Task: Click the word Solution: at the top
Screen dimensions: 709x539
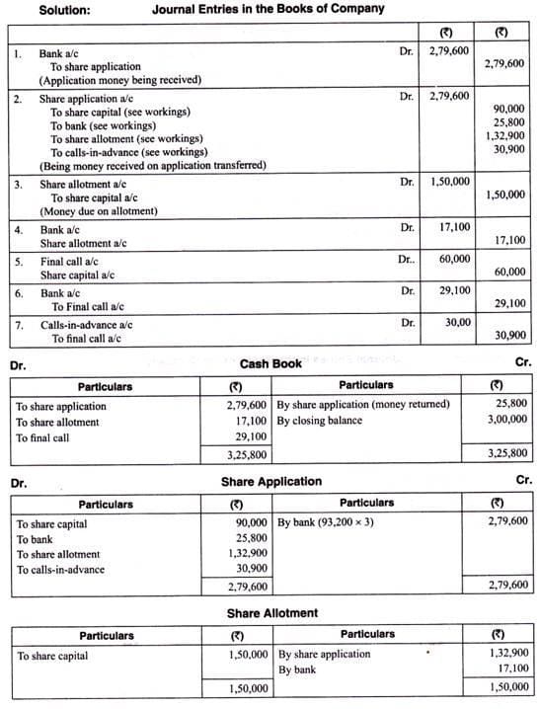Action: pyautogui.click(x=64, y=9)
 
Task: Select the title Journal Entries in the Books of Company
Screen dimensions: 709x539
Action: pyautogui.click(x=269, y=9)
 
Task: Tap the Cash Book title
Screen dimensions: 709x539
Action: pyautogui.click(x=270, y=363)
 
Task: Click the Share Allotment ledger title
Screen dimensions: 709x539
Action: pyautogui.click(x=272, y=613)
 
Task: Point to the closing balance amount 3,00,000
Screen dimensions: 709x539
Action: pyautogui.click(x=507, y=420)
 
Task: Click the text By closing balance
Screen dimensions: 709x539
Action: pyautogui.click(x=319, y=421)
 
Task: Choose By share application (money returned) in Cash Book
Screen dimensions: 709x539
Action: pyautogui.click(x=363, y=405)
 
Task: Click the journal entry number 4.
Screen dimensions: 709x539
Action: pyautogui.click(x=18, y=229)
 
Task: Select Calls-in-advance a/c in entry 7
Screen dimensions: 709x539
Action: pyautogui.click(x=86, y=324)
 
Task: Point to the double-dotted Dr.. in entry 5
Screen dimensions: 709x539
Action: pyautogui.click(x=406, y=259)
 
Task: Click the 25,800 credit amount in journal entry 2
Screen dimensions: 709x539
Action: pyautogui.click(x=507, y=122)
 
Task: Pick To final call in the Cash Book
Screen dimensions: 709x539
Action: pyautogui.click(x=42, y=437)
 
